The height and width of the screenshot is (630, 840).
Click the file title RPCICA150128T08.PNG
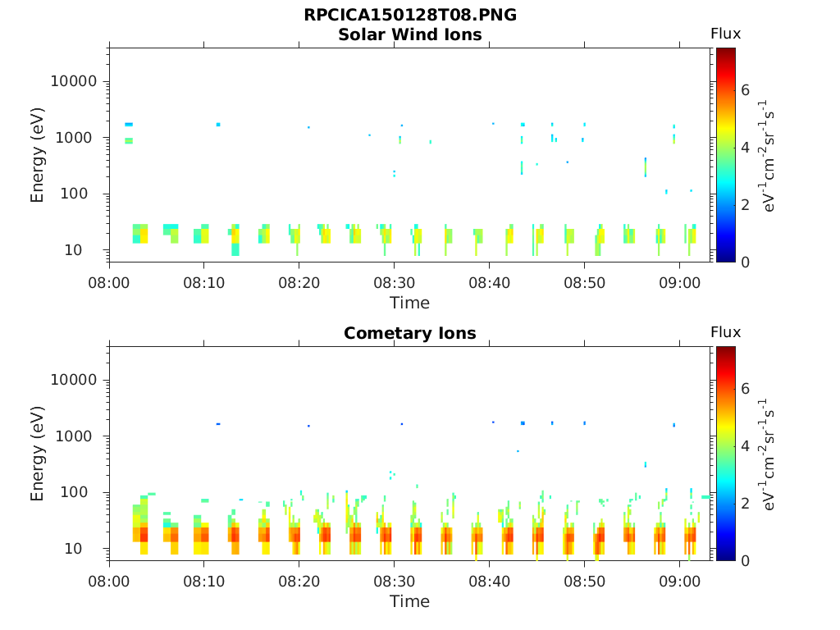coord(409,16)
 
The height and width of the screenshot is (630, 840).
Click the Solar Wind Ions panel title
coord(409,34)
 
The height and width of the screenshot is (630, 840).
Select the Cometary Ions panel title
coord(409,333)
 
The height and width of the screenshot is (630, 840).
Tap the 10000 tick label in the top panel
coord(75,82)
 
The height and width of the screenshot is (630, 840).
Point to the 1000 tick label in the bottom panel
coord(79,436)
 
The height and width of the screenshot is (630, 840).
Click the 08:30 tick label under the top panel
coord(395,282)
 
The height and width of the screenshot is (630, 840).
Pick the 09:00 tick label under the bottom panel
coord(679,581)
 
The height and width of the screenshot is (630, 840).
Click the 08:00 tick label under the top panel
coord(109,282)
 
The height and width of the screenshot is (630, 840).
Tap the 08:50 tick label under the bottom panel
coord(584,581)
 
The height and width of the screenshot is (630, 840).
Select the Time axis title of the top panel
coord(409,303)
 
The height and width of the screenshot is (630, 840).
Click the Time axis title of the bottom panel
coord(409,601)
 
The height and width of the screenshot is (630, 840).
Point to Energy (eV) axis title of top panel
coord(38,155)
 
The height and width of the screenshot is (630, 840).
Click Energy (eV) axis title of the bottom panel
coord(38,454)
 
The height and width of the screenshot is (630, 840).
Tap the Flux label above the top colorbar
coord(725,34)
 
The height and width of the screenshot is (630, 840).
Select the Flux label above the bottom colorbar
coord(725,332)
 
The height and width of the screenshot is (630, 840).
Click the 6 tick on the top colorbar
coord(746,90)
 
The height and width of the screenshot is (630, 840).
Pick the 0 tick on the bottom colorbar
coord(746,560)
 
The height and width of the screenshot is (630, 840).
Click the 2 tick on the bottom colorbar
coord(746,503)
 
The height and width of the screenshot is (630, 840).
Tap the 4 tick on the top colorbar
coord(746,148)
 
